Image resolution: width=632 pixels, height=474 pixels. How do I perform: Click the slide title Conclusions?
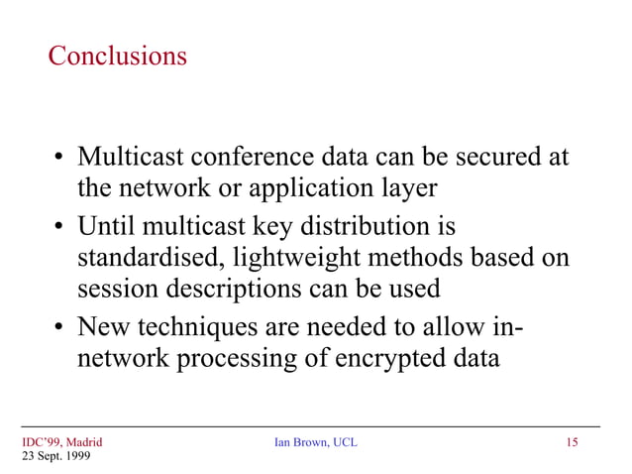(x=117, y=57)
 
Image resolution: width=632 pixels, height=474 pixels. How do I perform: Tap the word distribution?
(x=374, y=226)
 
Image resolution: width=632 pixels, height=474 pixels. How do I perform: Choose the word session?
(x=111, y=291)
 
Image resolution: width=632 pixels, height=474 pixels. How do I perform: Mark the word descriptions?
(x=222, y=291)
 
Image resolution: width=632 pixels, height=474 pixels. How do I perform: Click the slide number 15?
(x=572, y=442)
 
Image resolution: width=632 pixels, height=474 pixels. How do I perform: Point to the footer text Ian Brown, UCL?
(x=315, y=442)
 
